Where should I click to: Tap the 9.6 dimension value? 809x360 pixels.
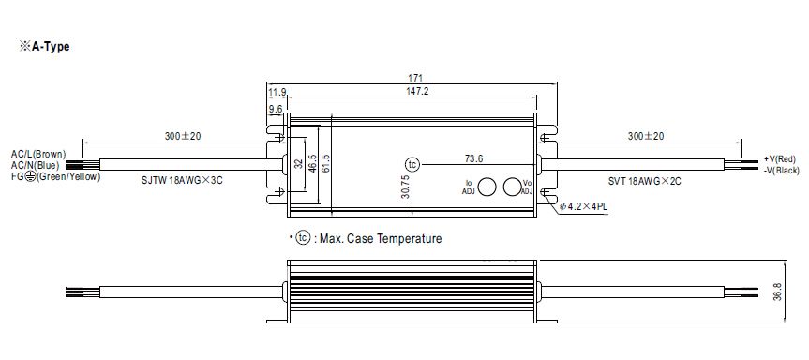pos(275,109)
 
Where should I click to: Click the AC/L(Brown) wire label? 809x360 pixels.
pos(37,153)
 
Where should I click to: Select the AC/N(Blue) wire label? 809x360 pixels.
pos(35,165)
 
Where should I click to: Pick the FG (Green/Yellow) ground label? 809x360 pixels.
pos(55,177)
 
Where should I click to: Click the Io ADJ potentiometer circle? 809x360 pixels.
pos(488,186)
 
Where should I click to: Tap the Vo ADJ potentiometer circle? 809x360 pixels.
pos(512,186)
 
